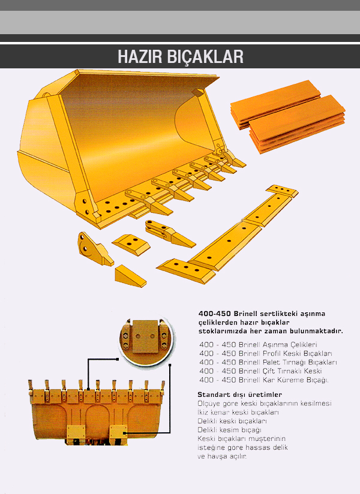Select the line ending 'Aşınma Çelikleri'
pos(258,345)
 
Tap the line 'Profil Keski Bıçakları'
pos(265,354)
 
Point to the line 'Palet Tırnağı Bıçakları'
pos(268,362)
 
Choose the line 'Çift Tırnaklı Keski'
pos(260,371)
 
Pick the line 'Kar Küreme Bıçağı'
pos(264,380)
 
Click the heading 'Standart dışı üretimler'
pos(239,394)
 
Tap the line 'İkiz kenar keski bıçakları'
pos(238,412)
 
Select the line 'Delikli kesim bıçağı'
pos(229,430)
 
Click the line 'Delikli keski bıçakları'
pos(232,421)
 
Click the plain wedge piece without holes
pos(130,276)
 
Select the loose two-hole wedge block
pos(131,244)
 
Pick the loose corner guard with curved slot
pos(94,249)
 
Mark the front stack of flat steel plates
pos(297,125)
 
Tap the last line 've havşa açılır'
pos(221,456)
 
